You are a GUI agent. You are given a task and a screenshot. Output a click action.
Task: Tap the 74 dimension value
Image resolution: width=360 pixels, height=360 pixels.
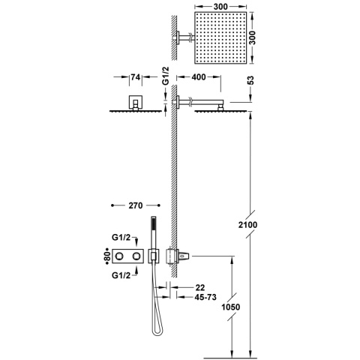coord(136,77)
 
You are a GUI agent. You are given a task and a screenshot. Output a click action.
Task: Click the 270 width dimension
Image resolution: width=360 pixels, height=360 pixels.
coord(136,203)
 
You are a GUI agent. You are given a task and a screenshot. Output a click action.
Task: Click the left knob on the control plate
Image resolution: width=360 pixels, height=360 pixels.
coord(119,257)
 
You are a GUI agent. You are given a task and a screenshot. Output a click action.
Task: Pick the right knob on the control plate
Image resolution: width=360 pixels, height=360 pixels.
coord(136,257)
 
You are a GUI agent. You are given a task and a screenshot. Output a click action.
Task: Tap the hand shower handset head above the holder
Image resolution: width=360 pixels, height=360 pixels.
coord(153,224)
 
